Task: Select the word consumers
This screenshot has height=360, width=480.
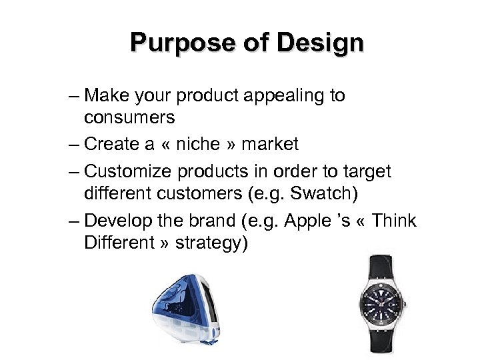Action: tap(129, 119)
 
